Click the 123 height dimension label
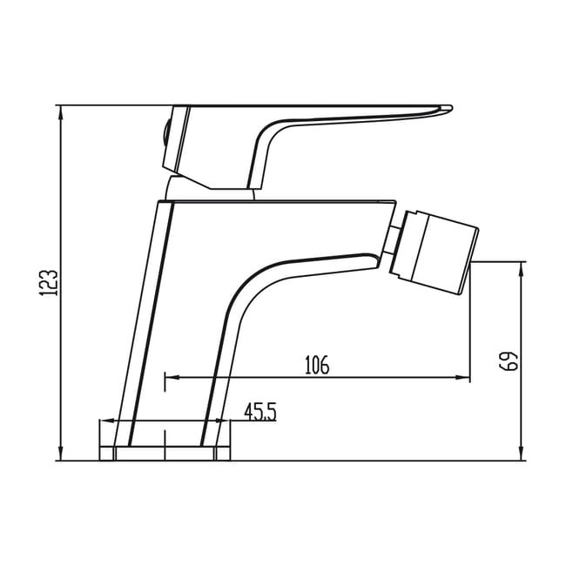point(48,283)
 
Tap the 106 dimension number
point(317,365)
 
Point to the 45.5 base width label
point(260,412)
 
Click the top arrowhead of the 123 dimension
point(61,112)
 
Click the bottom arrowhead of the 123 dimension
point(61,454)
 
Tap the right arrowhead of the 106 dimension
point(463,378)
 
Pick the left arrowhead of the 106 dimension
point(172,378)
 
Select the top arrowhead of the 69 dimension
point(522,268)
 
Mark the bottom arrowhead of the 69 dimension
point(522,454)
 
